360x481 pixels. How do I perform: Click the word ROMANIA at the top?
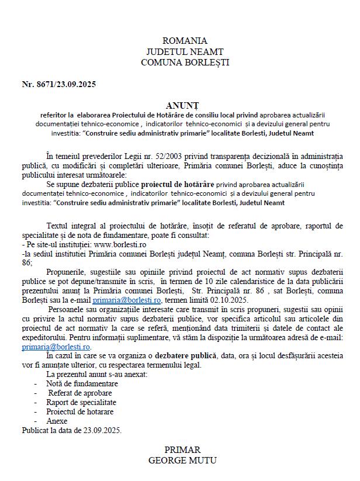(x=185, y=41)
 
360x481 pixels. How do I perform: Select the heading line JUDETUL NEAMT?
(x=185, y=51)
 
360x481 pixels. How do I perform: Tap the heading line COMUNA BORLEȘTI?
(x=185, y=62)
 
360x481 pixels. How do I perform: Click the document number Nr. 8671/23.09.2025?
(x=59, y=84)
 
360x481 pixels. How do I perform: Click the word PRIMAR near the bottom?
(x=183, y=450)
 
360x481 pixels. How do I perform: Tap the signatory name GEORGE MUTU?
(x=183, y=461)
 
